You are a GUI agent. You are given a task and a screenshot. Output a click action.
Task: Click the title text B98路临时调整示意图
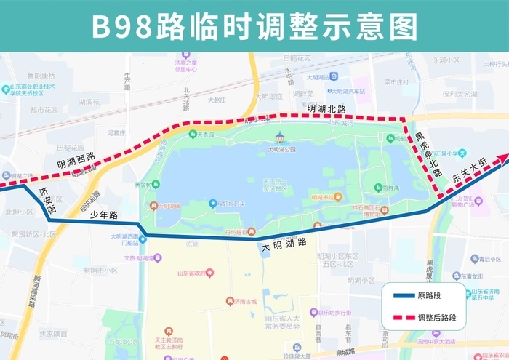(254, 26)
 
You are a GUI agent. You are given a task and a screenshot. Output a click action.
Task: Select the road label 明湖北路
(326, 108)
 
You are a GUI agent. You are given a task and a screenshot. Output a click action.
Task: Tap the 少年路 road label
(103, 214)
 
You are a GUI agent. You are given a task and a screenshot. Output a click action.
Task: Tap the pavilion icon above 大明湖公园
(280, 137)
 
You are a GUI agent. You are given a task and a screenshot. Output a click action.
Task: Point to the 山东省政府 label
(192, 273)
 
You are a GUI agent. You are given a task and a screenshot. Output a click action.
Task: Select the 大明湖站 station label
(319, 77)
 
